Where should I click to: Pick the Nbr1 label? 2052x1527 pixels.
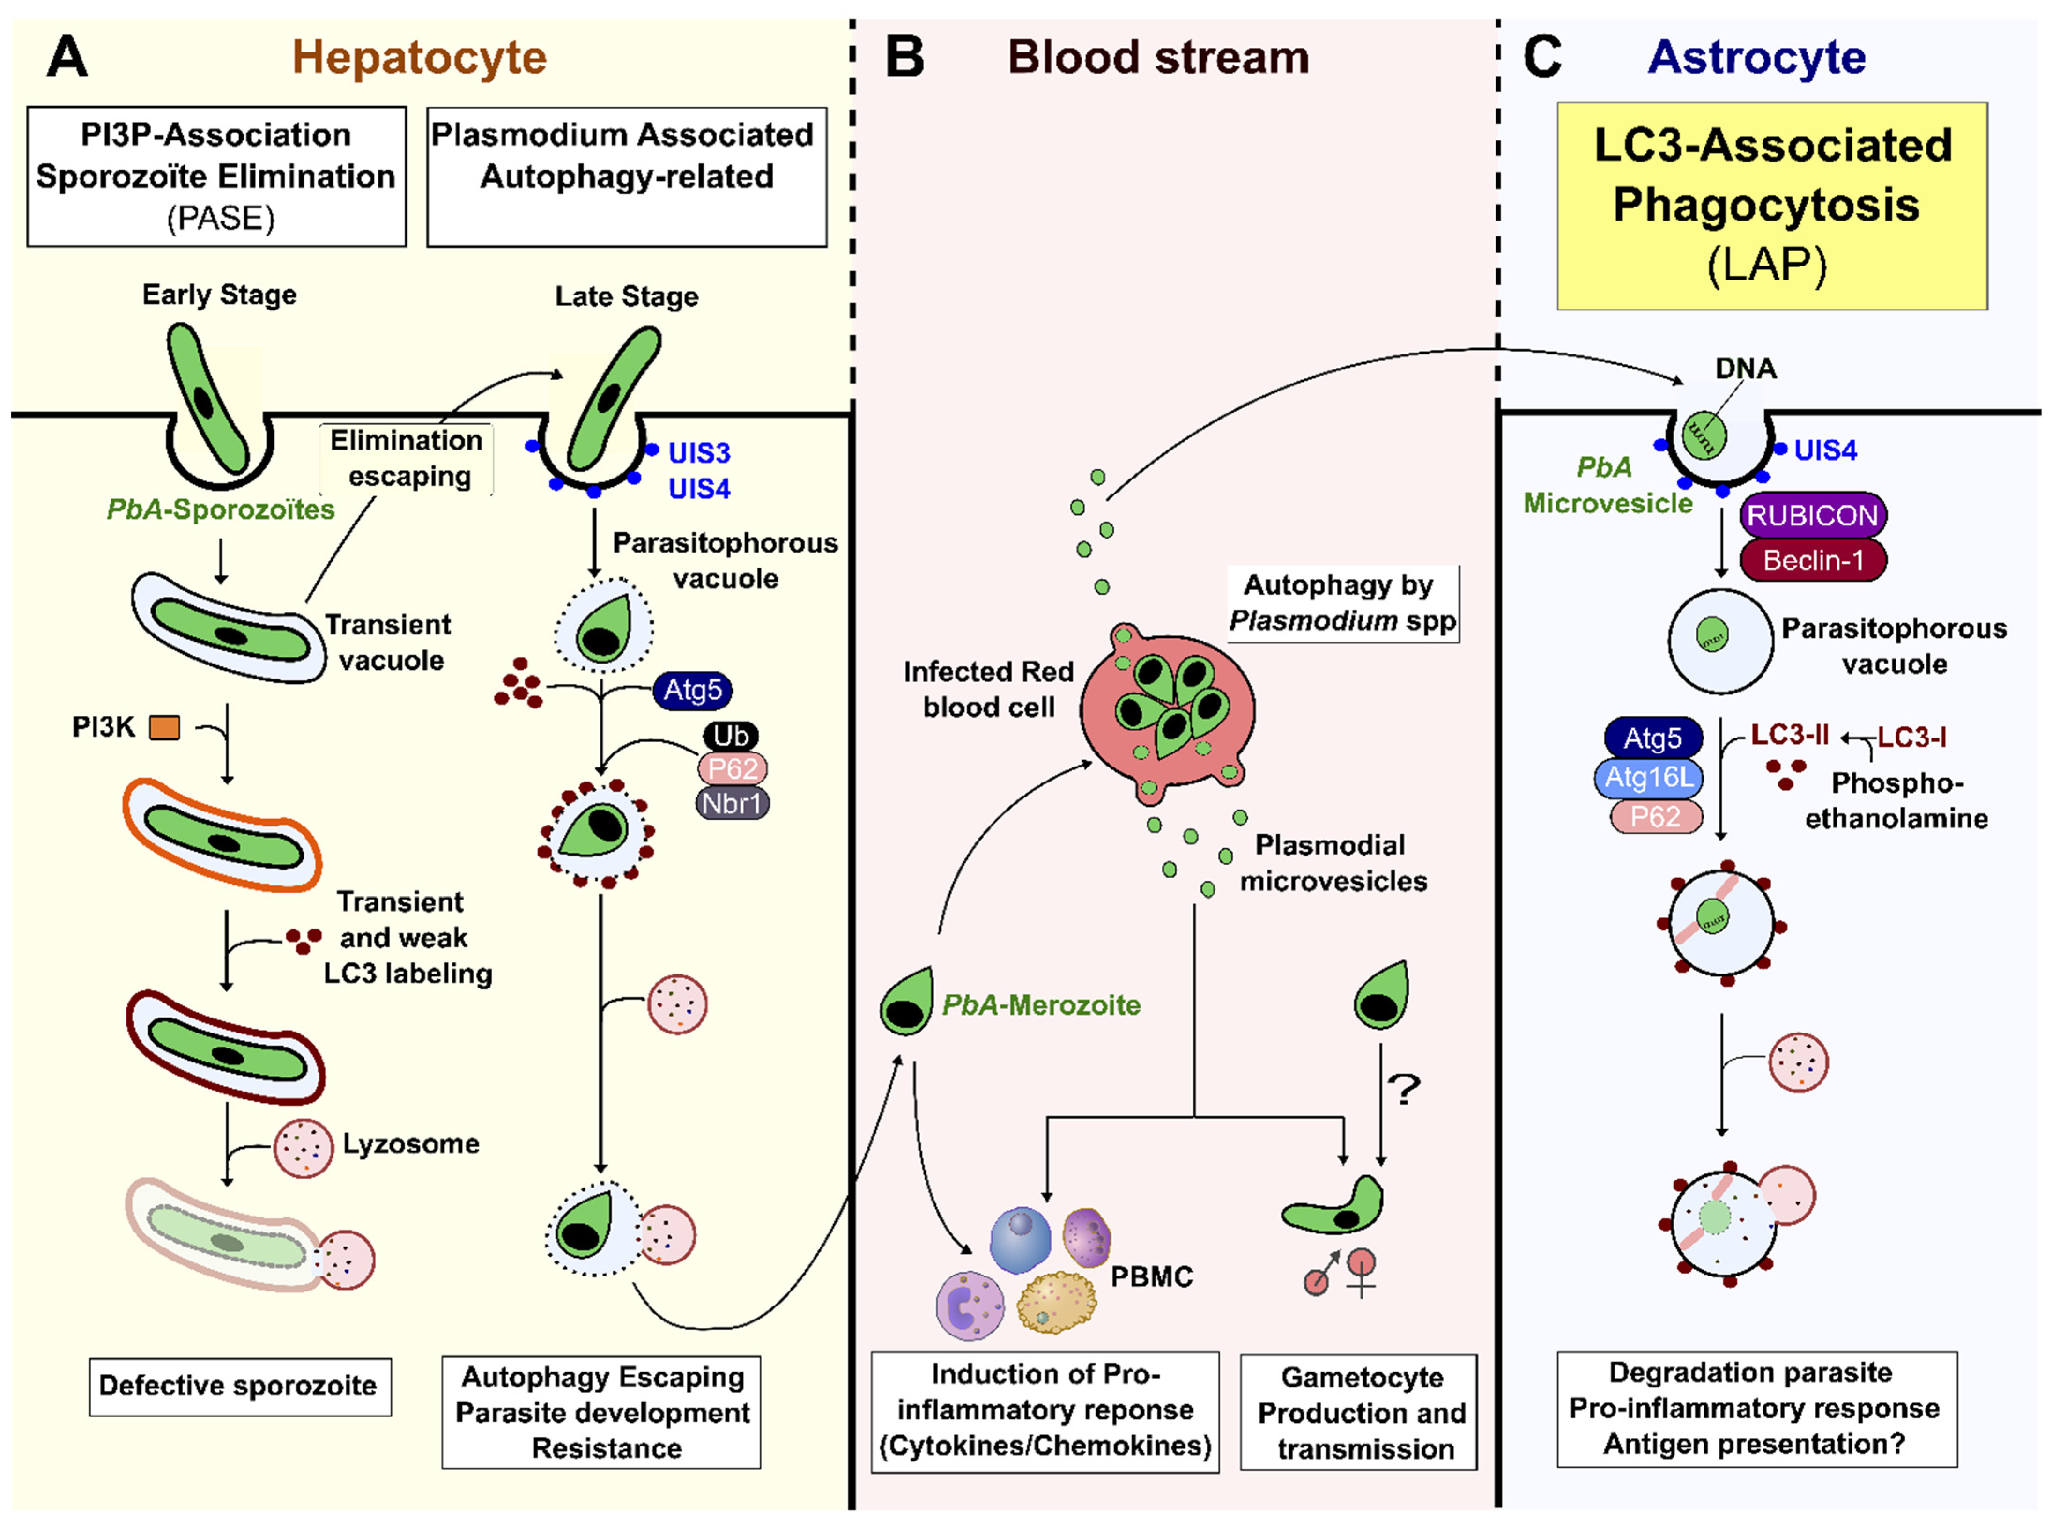732,803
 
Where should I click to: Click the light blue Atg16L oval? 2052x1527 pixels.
1649,777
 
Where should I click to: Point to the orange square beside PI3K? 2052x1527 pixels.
164,728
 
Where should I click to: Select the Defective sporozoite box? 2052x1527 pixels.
239,1386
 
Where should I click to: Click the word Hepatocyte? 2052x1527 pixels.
419,57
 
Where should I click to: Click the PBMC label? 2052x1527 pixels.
1151,1276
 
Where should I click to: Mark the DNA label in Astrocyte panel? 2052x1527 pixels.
1745,369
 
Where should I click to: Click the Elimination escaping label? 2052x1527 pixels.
407,458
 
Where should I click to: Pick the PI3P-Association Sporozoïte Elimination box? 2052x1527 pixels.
216,177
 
